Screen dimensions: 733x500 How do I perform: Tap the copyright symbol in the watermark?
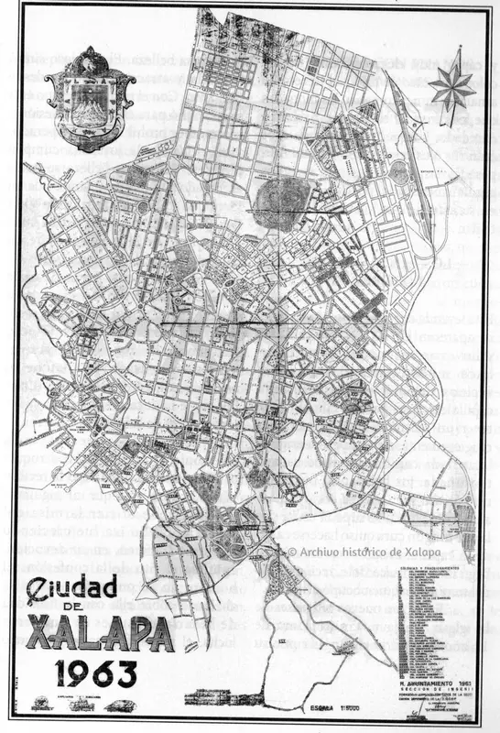[293, 551]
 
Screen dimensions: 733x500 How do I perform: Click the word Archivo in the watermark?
[321, 551]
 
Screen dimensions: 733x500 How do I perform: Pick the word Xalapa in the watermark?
[440, 551]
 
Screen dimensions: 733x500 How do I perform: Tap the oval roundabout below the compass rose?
[399, 168]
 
